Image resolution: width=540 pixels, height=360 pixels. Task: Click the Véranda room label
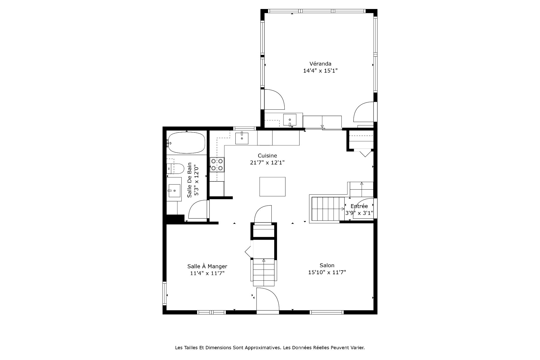(x=320, y=64)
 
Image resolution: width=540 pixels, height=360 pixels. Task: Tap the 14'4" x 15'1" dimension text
(x=320, y=71)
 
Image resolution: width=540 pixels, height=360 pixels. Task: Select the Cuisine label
(x=267, y=156)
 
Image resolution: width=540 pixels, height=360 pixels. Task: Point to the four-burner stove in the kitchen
(x=217, y=165)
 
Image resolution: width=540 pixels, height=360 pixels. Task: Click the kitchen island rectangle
(x=272, y=186)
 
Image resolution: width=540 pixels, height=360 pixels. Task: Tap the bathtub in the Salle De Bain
(x=186, y=143)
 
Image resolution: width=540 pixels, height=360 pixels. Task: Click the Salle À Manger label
(x=207, y=266)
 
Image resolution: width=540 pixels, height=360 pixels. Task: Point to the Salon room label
(x=327, y=265)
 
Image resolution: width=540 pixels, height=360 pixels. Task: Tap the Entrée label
(x=359, y=206)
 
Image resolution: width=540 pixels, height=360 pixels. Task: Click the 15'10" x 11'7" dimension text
(x=327, y=272)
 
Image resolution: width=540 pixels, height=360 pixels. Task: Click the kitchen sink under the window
(x=242, y=138)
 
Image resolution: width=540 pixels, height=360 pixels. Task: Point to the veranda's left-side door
(x=274, y=100)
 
